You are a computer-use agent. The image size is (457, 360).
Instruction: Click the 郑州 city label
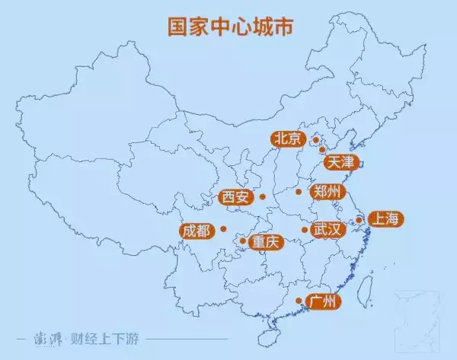[x=328, y=191]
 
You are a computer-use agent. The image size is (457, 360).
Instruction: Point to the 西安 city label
[x=235, y=197]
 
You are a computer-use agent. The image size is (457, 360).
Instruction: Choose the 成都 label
[x=197, y=229]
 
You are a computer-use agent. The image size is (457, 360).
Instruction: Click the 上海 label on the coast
[x=383, y=219]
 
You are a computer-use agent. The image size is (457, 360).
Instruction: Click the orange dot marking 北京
[x=315, y=140]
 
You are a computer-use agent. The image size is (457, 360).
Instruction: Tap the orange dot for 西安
[x=261, y=197]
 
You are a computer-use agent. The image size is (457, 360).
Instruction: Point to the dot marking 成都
[x=223, y=228]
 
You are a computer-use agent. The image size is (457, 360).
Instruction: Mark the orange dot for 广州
[x=299, y=301]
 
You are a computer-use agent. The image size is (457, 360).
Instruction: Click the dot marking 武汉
[x=305, y=229]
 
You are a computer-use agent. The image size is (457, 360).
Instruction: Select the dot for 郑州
[x=299, y=191]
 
